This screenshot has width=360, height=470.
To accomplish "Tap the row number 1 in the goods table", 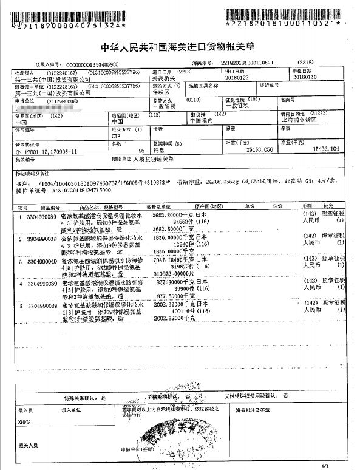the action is point(21,215).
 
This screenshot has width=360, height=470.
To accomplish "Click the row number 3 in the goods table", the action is point(21,261).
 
